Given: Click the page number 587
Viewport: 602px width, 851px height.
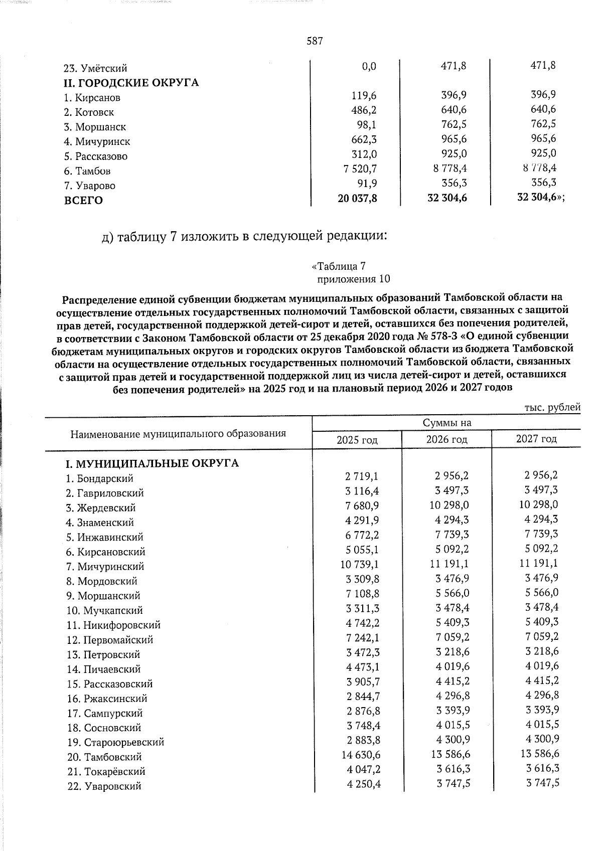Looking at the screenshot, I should [x=314, y=41].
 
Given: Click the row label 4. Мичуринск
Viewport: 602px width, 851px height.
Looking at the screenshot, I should [x=98, y=142].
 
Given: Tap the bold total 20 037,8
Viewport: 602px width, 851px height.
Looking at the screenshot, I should [x=357, y=199].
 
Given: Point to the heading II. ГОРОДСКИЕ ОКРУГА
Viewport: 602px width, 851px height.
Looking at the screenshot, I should [x=131, y=83].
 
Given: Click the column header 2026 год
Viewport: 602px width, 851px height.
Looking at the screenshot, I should [x=446, y=440].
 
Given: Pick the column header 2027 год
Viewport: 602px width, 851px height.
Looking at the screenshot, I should [x=536, y=439].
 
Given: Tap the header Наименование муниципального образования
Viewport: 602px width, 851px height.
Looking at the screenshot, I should [x=178, y=433].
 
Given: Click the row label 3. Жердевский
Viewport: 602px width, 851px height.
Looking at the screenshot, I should [x=101, y=508].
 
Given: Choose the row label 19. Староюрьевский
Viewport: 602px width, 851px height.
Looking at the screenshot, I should [x=116, y=742].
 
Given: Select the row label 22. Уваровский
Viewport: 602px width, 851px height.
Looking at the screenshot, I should [x=104, y=786].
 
